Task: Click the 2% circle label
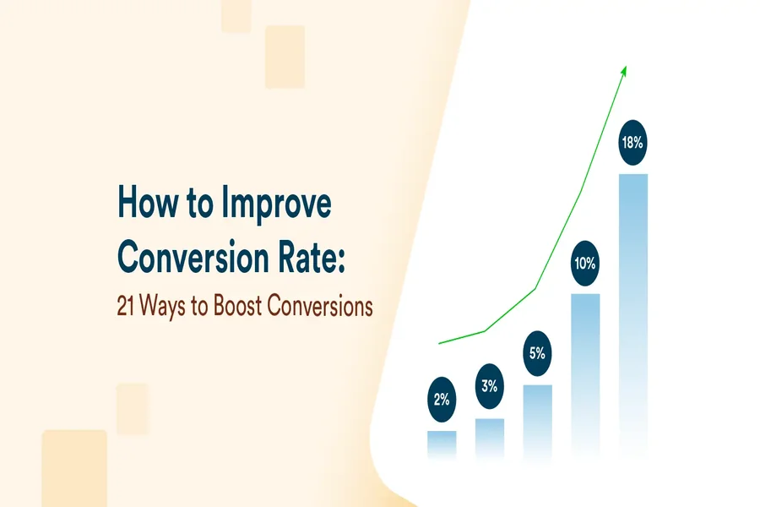click(x=442, y=401)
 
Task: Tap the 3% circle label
click(x=490, y=387)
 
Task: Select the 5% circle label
click(x=537, y=354)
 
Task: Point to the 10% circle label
click(x=585, y=264)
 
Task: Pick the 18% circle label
click(x=632, y=144)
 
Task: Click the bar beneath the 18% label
click(x=633, y=313)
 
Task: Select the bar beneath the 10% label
click(x=585, y=372)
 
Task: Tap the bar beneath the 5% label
click(x=537, y=418)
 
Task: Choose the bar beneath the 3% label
click(x=490, y=435)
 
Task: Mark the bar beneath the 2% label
click(x=442, y=443)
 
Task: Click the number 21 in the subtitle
click(x=126, y=306)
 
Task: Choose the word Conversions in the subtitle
click(x=320, y=306)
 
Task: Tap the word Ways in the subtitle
click(x=166, y=306)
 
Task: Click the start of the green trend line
click(x=440, y=343)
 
